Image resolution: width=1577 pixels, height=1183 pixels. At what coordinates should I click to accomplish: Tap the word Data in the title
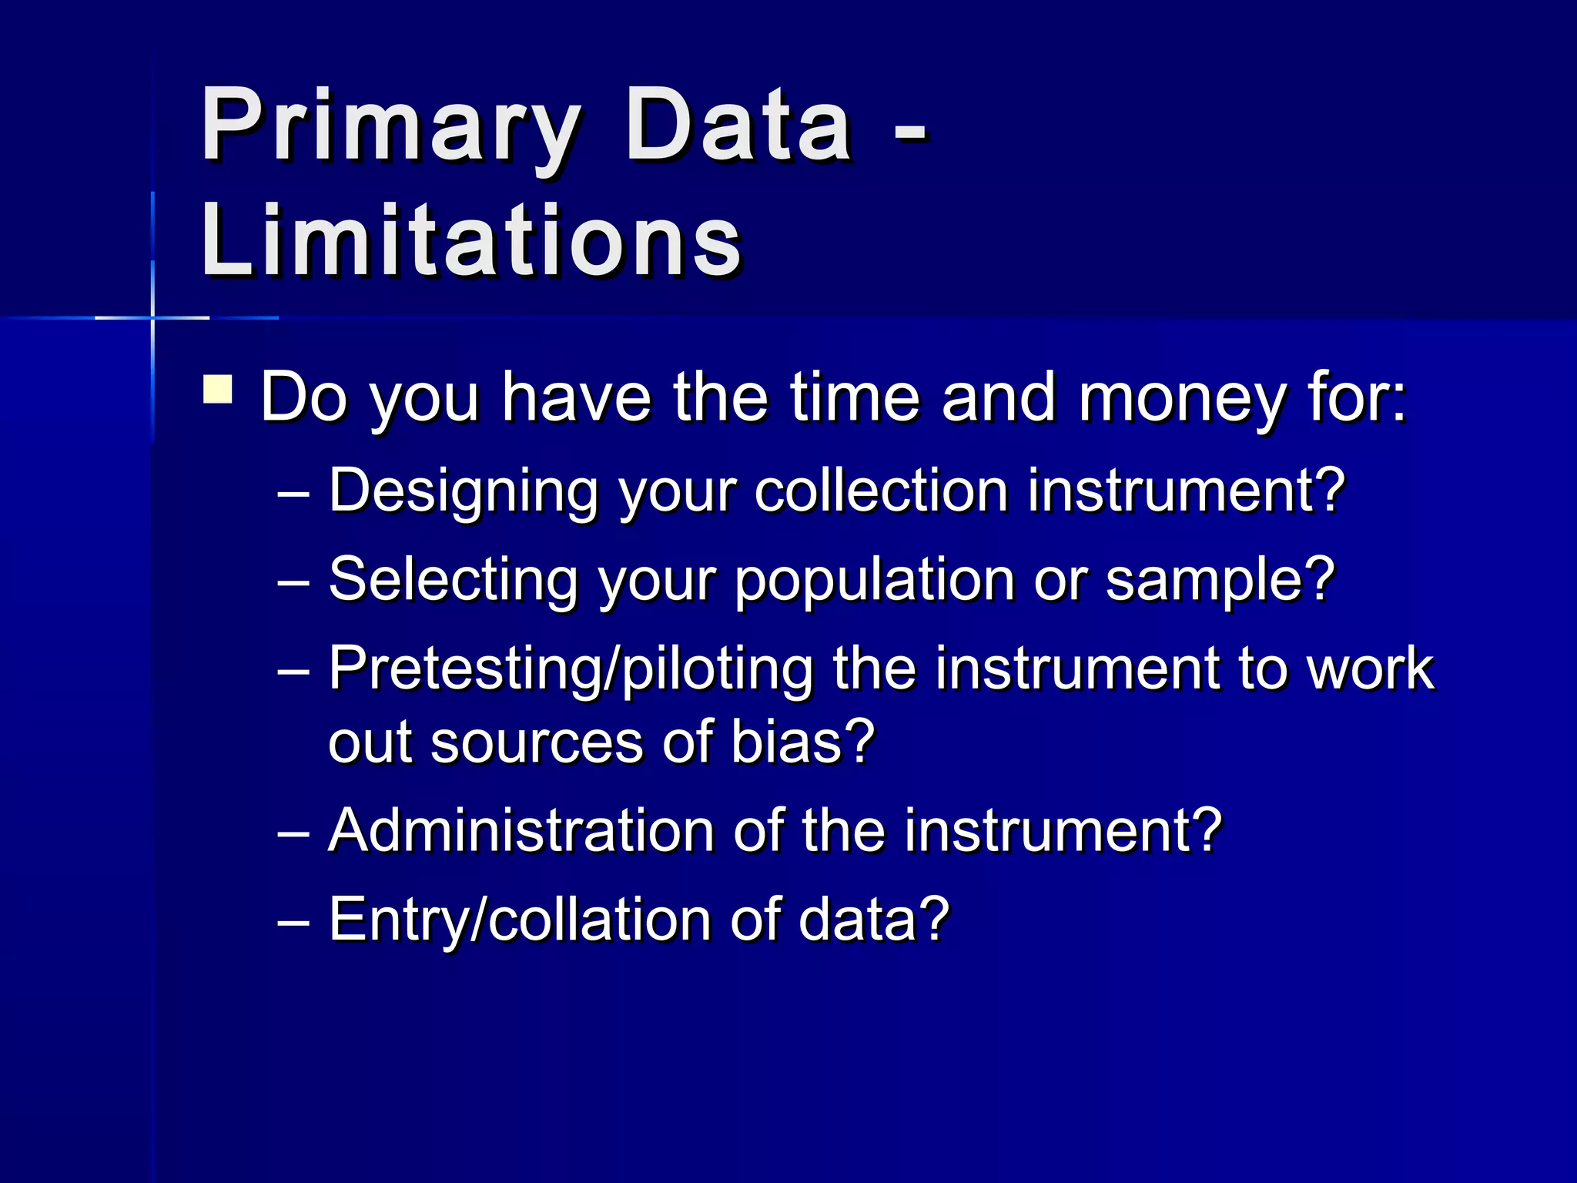tap(738, 126)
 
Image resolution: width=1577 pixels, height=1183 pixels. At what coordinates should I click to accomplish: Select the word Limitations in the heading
tap(471, 240)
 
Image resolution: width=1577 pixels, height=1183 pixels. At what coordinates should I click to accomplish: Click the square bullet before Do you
tap(218, 389)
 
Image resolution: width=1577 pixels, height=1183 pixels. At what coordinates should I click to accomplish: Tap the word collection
tap(880, 491)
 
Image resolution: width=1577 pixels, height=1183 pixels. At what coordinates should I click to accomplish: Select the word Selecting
tap(454, 580)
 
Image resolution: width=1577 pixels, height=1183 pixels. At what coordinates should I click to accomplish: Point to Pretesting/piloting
tap(571, 669)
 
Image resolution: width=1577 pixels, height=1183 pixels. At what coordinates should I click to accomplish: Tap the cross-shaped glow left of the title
tap(152, 317)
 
